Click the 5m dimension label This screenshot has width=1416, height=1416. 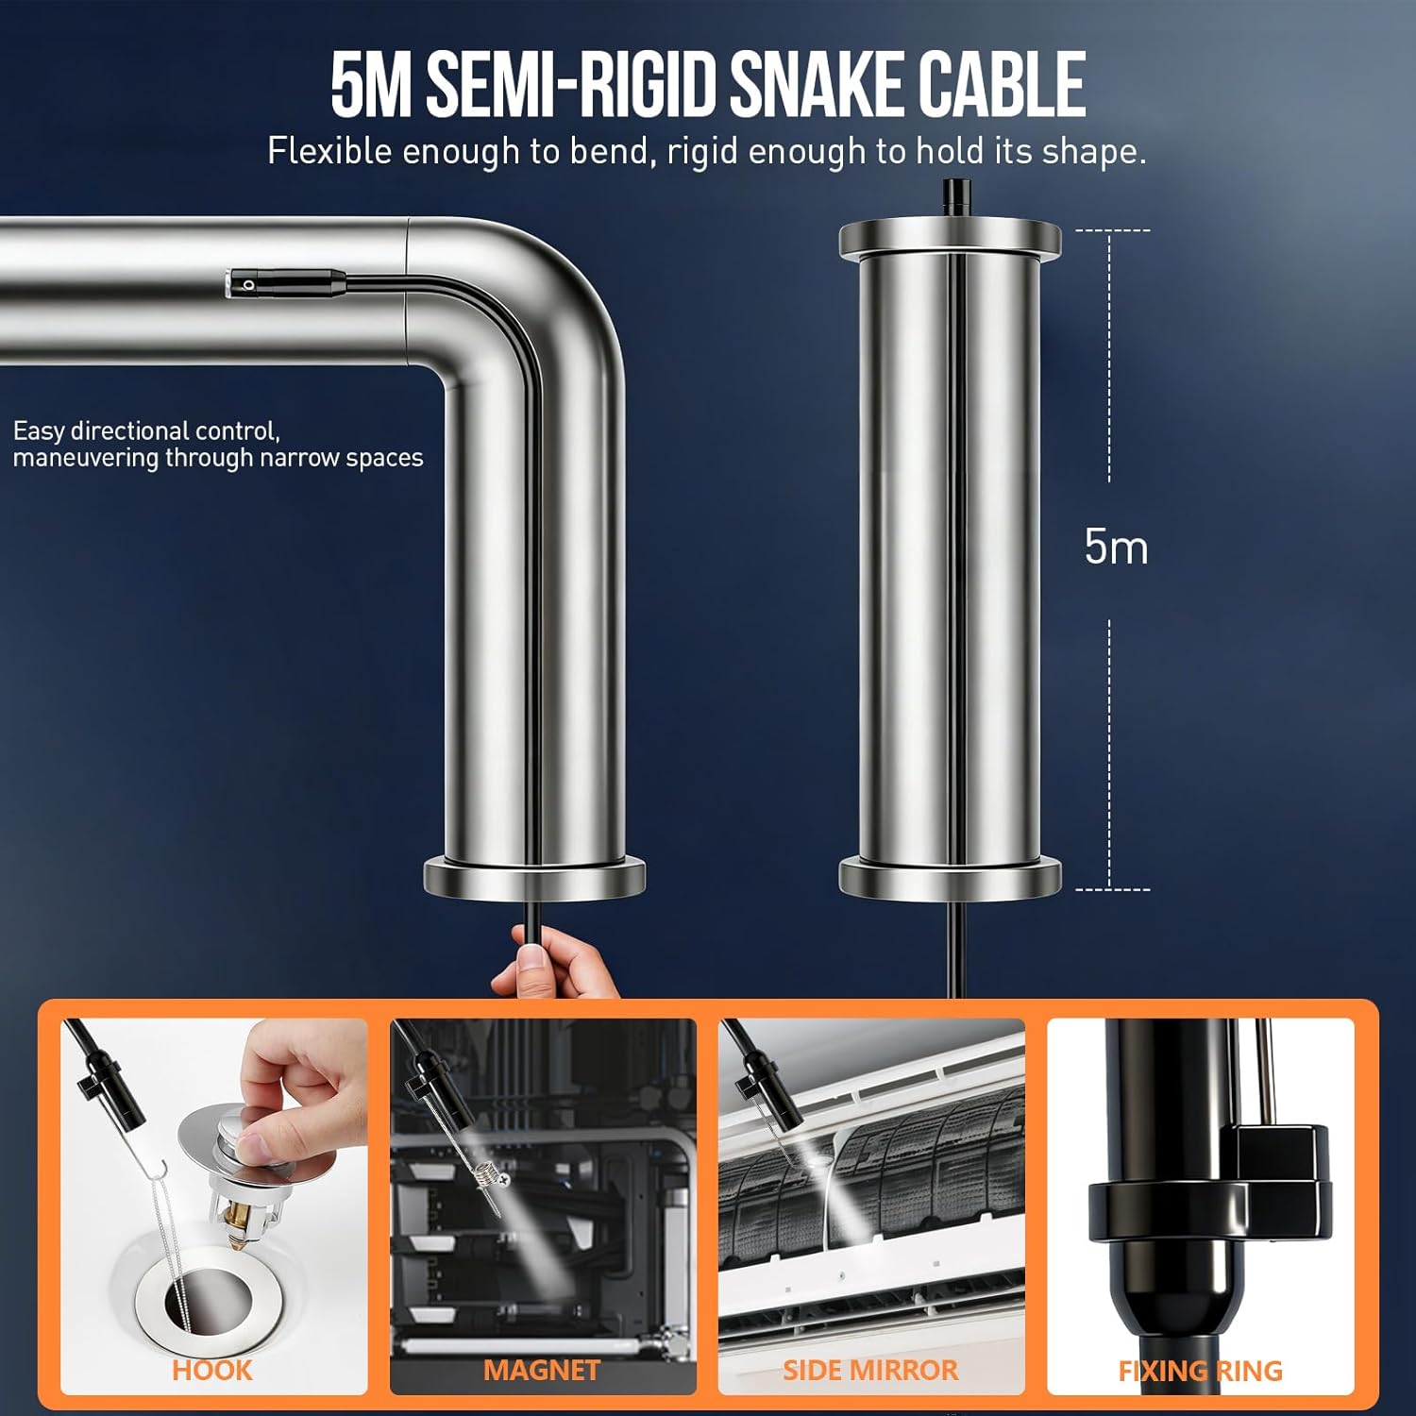pyautogui.click(x=1116, y=547)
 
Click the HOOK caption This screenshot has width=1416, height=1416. pyautogui.click(x=212, y=1370)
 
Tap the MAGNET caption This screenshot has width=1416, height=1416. pyautogui.click(x=542, y=1370)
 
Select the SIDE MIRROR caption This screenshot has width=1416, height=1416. pyautogui.click(x=870, y=1370)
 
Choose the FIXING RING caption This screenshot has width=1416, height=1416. pyautogui.click(x=1200, y=1371)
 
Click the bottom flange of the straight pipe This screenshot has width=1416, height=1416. pyautogui.click(x=950, y=878)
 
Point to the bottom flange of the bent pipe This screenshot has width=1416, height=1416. pyautogui.click(x=534, y=878)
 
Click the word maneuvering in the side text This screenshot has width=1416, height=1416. pyautogui.click(x=86, y=458)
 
